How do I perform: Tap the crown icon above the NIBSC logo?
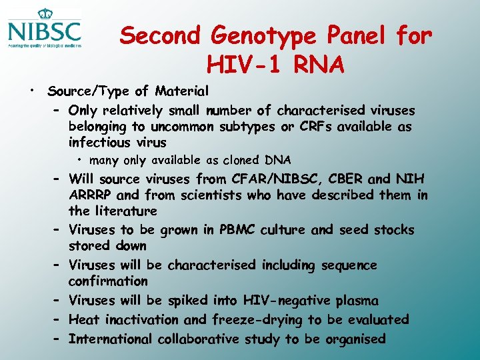[45, 14]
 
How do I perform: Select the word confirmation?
[108, 281]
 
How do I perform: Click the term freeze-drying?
[257, 320]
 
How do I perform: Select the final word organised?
[355, 339]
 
